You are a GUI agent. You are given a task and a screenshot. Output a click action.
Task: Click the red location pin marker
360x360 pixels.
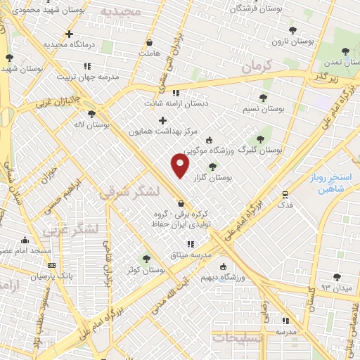(181, 167)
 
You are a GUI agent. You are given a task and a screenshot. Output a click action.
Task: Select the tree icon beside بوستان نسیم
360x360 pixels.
(264, 98)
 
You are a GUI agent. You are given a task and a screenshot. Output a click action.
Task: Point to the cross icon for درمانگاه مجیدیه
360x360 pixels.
(69, 34)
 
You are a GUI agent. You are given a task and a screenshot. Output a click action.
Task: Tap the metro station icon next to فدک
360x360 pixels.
(285, 195)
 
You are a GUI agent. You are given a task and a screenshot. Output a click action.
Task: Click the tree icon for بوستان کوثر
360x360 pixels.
(146, 258)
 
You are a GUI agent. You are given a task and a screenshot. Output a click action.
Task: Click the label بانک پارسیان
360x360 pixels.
(53, 277)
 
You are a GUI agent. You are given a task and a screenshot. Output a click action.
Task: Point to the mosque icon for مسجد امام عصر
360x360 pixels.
(25, 240)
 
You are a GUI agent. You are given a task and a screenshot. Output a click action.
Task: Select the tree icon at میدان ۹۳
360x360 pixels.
(337, 276)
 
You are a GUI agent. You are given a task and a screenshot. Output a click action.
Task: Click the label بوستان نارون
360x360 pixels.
(295, 41)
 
